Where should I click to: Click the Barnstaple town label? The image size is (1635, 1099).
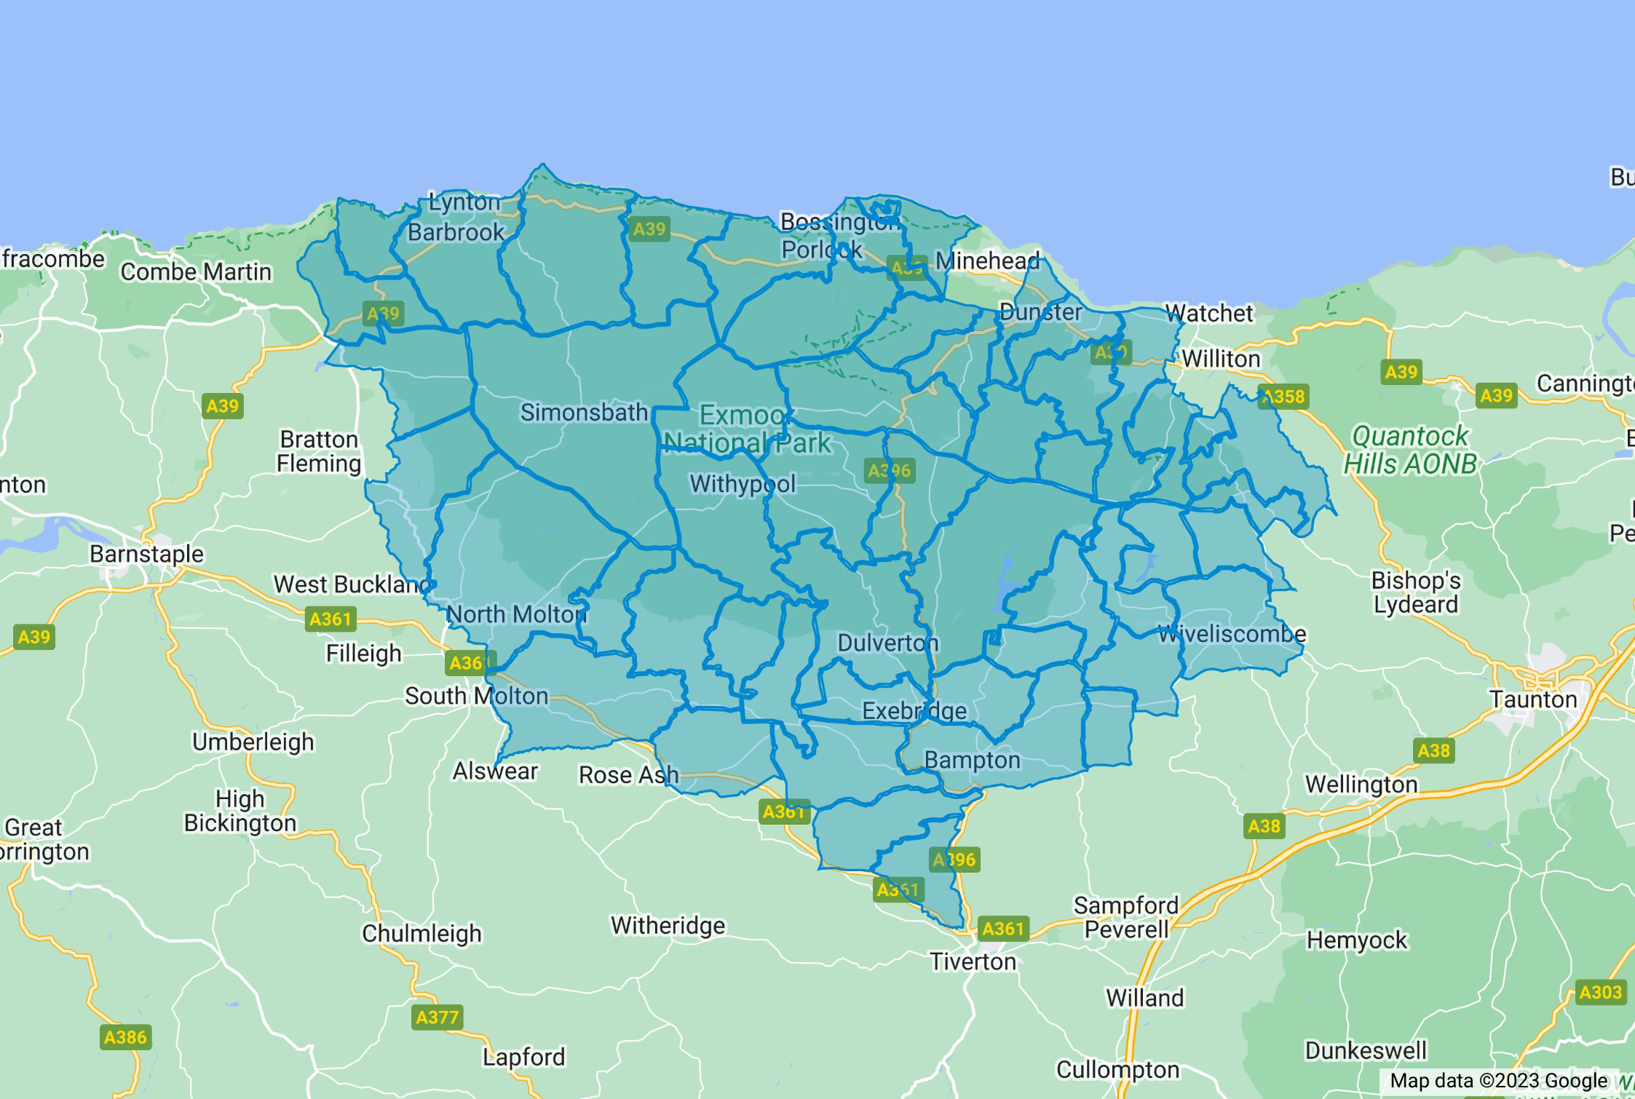(146, 554)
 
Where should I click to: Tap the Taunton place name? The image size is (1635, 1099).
(1533, 699)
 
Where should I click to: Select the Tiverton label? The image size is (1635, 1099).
(973, 961)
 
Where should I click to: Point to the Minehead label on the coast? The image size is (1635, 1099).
(988, 260)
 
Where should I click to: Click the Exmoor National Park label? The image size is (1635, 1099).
(746, 429)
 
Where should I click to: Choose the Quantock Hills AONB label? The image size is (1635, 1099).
(1410, 450)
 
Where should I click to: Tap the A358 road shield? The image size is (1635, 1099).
(1284, 397)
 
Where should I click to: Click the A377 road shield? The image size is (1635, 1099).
(437, 1017)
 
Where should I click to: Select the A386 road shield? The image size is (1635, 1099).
(125, 1037)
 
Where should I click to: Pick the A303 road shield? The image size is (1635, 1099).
(1600, 992)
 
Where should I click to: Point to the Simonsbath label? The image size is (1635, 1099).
(584, 413)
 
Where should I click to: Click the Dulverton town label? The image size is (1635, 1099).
(888, 643)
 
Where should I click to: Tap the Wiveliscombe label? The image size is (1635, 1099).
(1232, 634)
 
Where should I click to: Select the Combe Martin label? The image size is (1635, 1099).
(196, 271)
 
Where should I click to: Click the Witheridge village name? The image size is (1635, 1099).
(668, 925)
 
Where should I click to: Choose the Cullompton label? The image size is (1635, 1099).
(1117, 1069)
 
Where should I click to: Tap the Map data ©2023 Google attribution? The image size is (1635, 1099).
(1498, 1081)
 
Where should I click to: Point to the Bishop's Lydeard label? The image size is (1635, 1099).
(1416, 592)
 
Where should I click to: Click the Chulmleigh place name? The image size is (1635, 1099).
(421, 933)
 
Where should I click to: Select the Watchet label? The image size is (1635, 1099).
(1209, 313)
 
